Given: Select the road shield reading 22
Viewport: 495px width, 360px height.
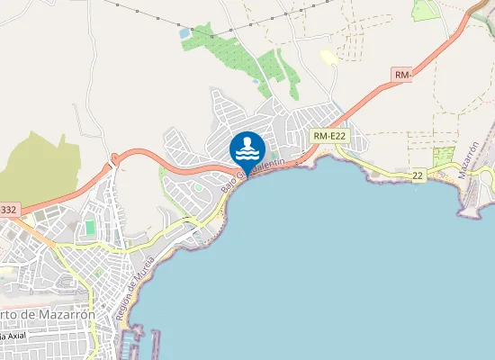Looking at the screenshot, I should click(418, 175).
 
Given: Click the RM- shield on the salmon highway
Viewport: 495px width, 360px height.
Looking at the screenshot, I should click(402, 76).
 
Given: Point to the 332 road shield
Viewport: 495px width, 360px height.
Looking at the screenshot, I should click(8, 210).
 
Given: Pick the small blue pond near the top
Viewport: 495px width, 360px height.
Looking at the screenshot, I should click(185, 32).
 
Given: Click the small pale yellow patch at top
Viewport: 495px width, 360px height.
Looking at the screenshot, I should click(329, 58).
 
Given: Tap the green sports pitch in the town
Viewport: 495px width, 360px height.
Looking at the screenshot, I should click(90, 229).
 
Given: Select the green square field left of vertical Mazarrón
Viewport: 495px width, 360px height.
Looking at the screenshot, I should click(444, 156).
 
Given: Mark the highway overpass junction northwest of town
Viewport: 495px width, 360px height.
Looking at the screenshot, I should click(114, 160).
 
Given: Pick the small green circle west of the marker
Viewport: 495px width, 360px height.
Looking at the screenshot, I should click(198, 188).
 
